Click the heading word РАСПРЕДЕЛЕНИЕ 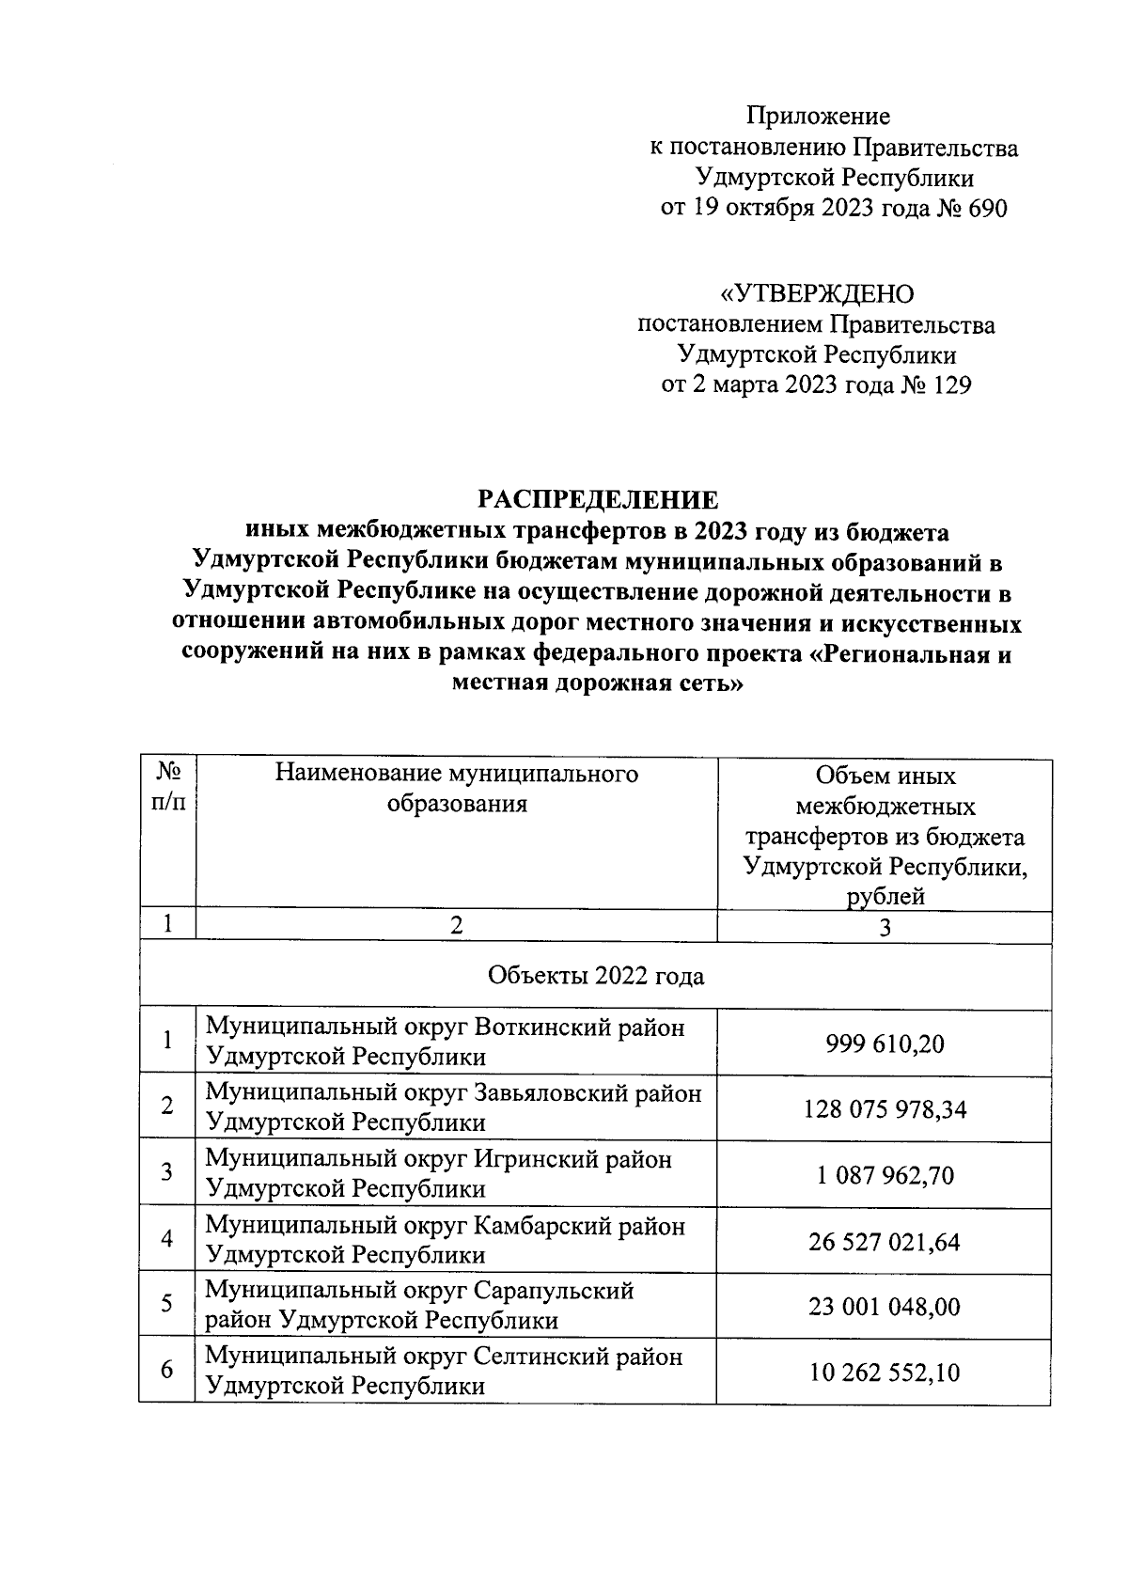(598, 499)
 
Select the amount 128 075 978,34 (885, 1109)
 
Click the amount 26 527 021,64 (885, 1242)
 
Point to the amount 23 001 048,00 (885, 1307)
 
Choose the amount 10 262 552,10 (885, 1373)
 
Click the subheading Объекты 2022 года (596, 977)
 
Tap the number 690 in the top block (984, 208)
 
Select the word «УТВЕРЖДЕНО (816, 295)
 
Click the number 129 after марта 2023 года (948, 385)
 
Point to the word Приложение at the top (818, 117)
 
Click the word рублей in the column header (885, 897)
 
